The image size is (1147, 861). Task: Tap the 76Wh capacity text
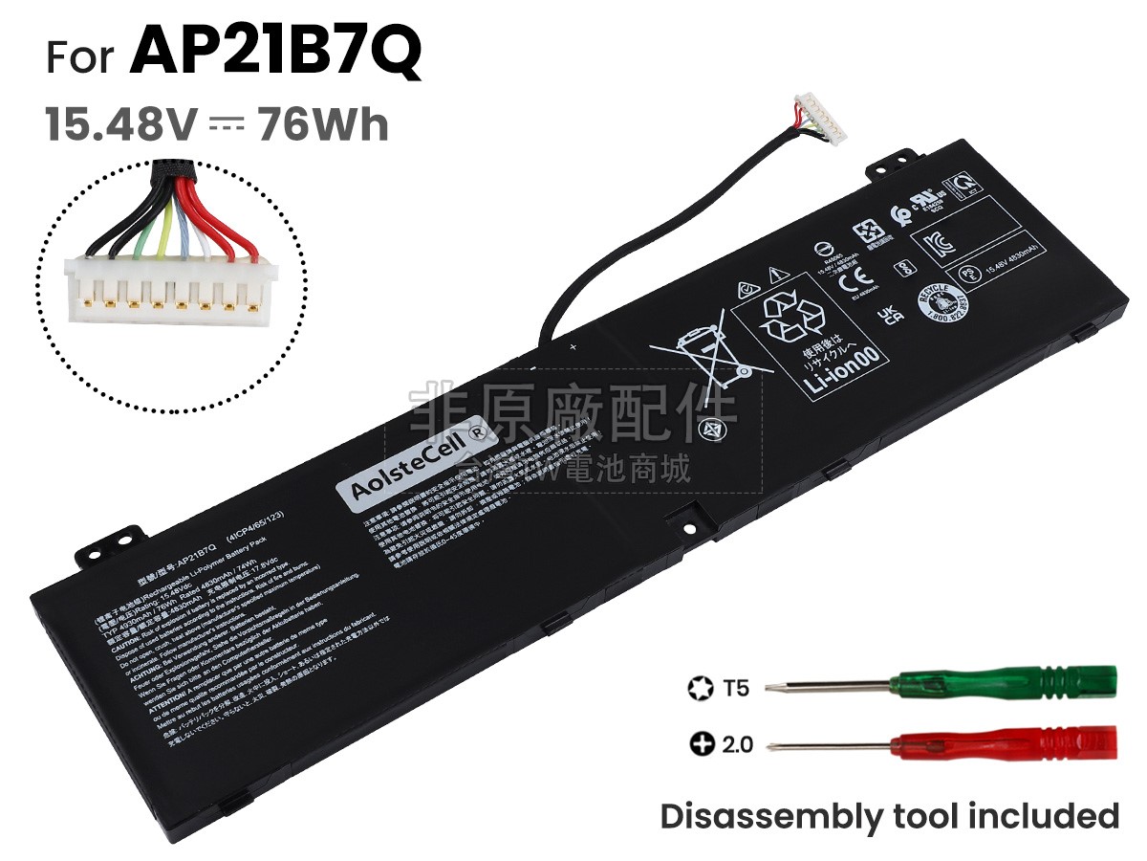pos(322,124)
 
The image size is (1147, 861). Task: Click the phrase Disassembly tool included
pos(889,816)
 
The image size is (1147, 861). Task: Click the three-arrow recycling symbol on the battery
pos(791,317)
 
